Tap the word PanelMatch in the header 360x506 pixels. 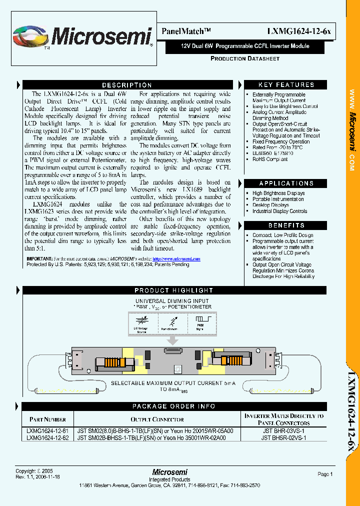click(183, 31)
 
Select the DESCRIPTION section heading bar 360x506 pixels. click(127, 85)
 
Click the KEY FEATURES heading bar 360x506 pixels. click(286, 85)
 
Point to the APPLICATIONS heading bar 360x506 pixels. click(286, 183)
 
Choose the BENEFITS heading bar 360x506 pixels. click(286, 225)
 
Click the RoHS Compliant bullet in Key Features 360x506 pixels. click(270, 159)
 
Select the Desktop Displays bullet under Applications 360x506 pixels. click(270, 205)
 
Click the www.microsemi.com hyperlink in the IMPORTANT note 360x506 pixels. click(176, 259)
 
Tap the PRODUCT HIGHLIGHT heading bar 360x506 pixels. click(173, 290)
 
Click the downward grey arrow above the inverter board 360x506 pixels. click(173, 340)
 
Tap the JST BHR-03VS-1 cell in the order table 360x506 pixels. click(283, 430)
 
